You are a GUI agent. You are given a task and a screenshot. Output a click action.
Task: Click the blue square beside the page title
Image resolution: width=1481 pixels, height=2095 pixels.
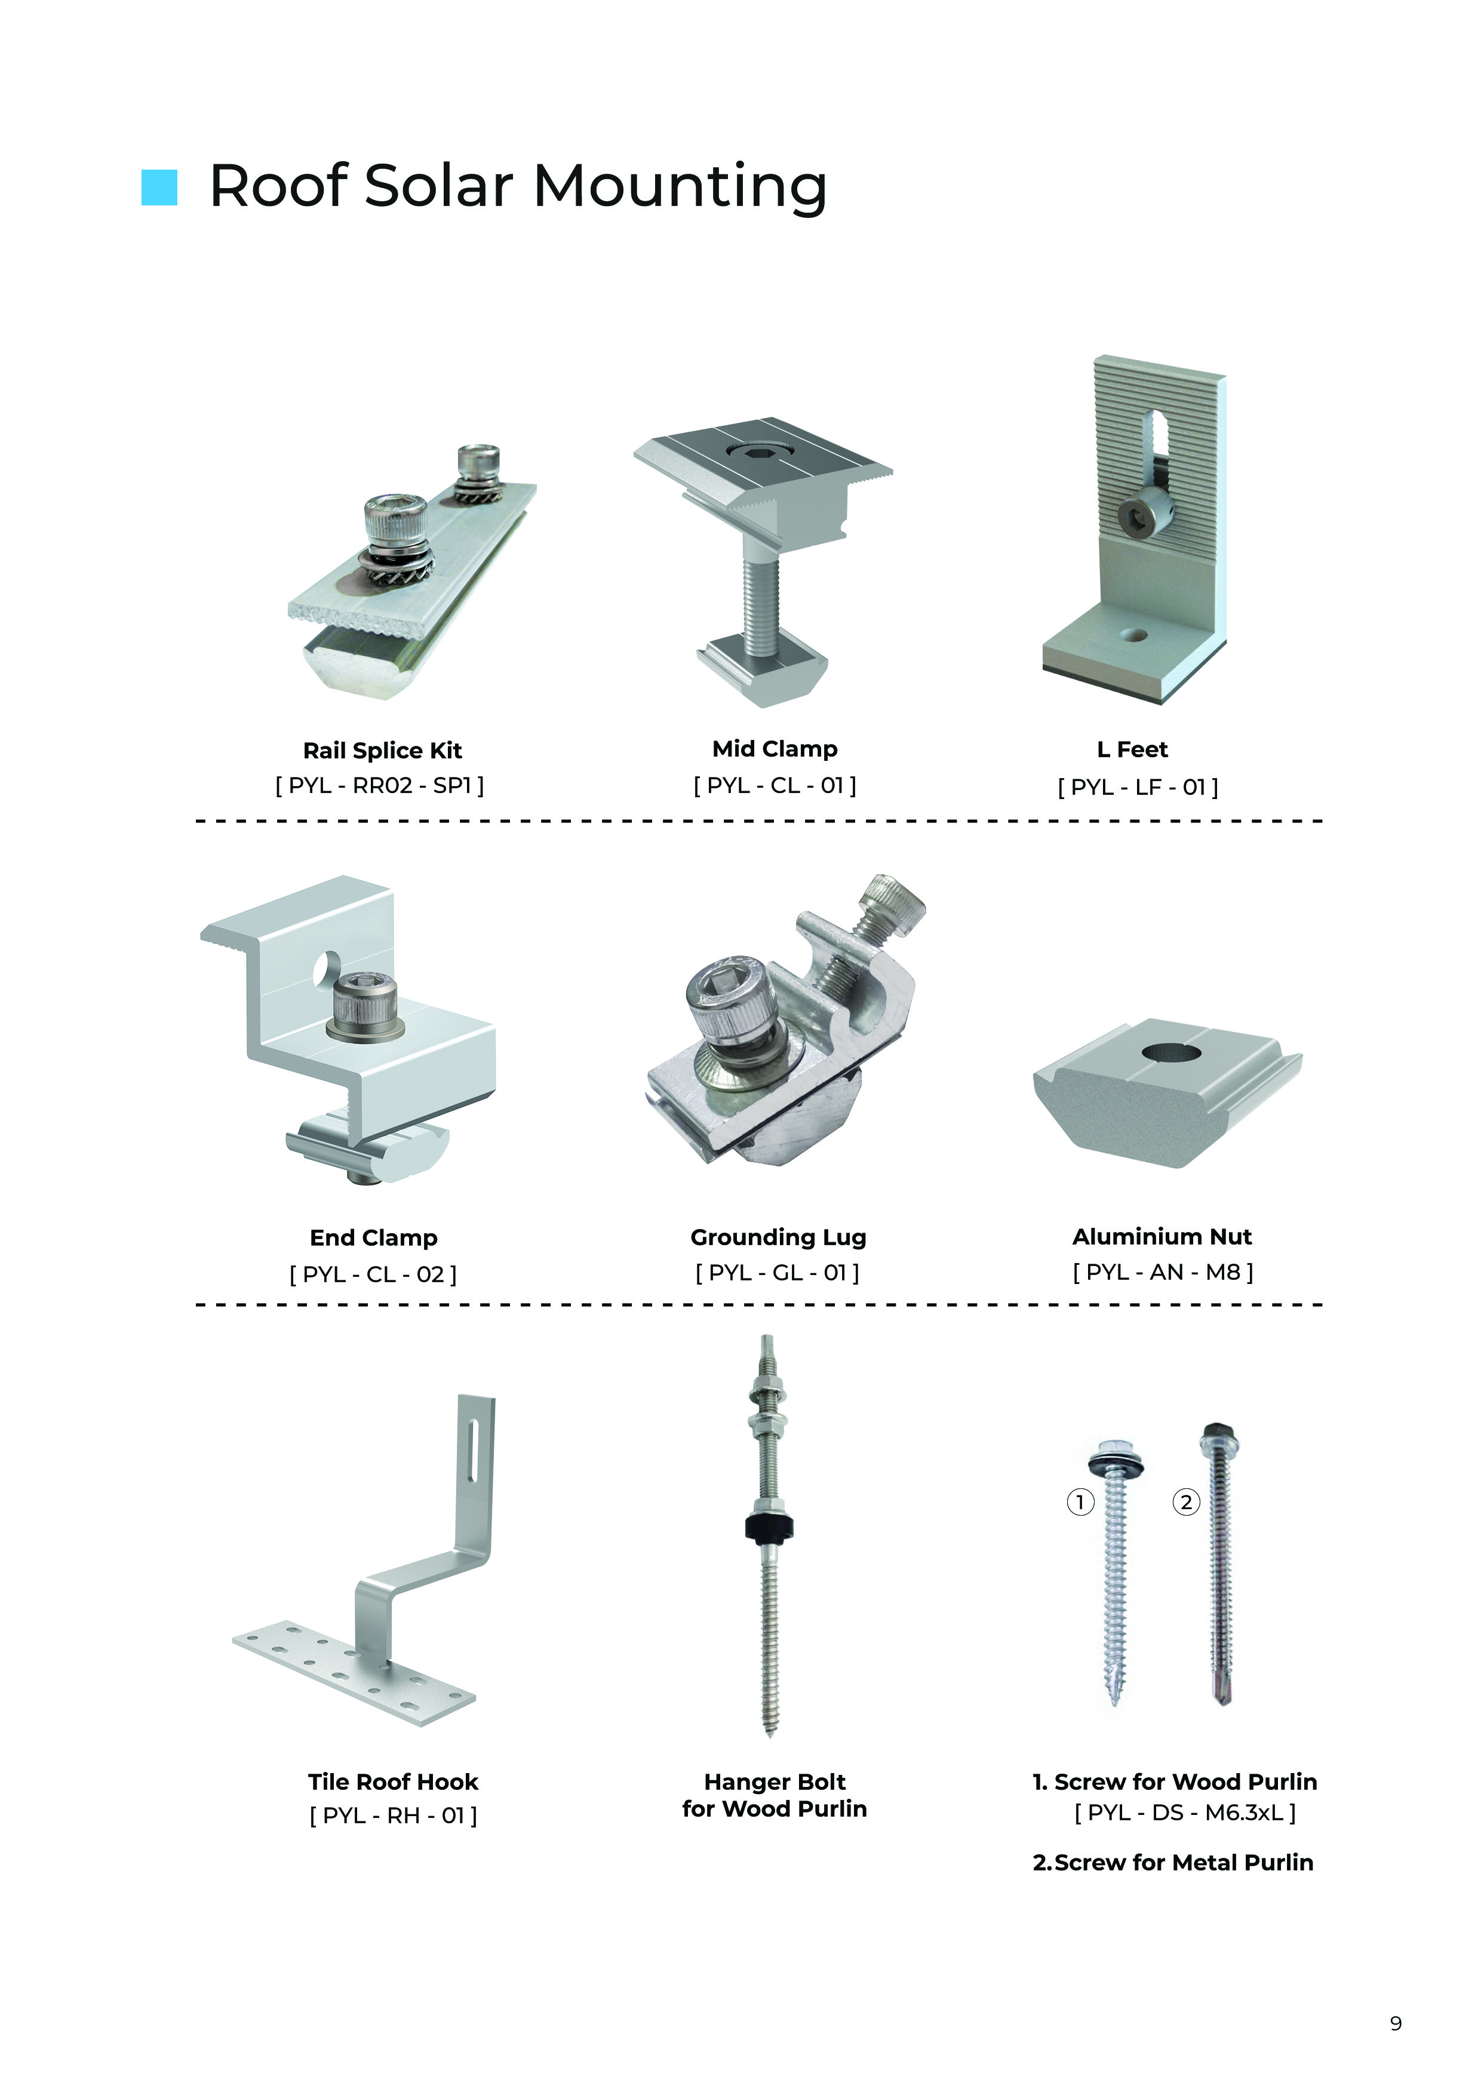pyautogui.click(x=159, y=187)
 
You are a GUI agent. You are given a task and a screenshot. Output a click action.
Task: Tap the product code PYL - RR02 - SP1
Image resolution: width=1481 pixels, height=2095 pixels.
pyautogui.click(x=380, y=785)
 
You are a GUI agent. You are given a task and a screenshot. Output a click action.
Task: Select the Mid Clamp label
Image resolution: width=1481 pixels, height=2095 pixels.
pyautogui.click(x=775, y=749)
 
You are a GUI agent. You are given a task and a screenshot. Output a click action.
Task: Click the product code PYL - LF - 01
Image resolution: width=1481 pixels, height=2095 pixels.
pyautogui.click(x=1138, y=787)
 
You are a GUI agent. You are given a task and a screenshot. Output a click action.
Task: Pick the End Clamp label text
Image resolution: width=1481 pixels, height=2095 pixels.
pyautogui.click(x=373, y=1238)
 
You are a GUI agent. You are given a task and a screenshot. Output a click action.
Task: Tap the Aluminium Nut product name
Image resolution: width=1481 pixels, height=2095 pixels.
pyautogui.click(x=1162, y=1236)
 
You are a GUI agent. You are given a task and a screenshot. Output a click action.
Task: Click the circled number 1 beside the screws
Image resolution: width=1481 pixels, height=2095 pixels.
pyautogui.click(x=1080, y=1502)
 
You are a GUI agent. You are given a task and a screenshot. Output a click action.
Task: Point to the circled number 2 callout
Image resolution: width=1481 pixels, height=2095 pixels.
pyautogui.click(x=1185, y=1502)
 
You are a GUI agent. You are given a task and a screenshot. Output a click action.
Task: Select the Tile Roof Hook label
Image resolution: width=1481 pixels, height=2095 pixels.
pyautogui.click(x=394, y=1782)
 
